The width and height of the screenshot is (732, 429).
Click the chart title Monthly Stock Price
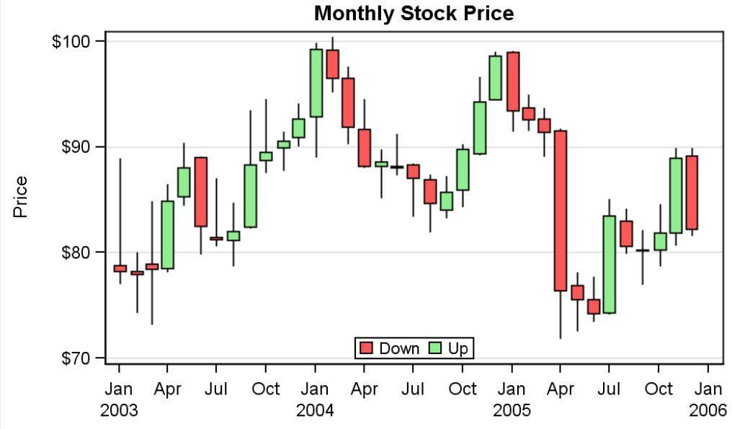point(414,13)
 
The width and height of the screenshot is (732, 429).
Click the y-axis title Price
point(20,197)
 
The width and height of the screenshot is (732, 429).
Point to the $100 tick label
point(71,41)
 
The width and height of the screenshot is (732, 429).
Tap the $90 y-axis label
point(75,147)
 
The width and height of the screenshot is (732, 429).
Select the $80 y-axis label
point(75,252)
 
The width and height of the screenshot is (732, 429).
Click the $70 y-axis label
point(75,358)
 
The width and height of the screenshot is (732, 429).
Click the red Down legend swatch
point(367,349)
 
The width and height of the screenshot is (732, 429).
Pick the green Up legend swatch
point(435,349)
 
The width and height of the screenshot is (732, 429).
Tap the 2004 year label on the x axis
point(315,411)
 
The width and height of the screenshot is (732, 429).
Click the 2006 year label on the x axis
point(708,411)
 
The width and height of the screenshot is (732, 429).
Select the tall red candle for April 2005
point(560,211)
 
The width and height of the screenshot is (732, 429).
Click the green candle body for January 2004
point(316,82)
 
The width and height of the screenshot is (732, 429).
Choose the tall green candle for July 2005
point(609,264)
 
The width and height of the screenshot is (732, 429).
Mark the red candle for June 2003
point(200,192)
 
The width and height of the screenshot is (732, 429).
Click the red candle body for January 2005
point(512,81)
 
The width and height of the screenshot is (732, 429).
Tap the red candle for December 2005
point(692,193)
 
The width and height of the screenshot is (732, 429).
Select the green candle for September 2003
point(250,196)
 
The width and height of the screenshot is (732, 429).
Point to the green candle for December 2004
point(495,78)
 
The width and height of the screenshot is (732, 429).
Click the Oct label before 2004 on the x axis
point(265,389)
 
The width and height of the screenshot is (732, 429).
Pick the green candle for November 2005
point(675,195)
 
